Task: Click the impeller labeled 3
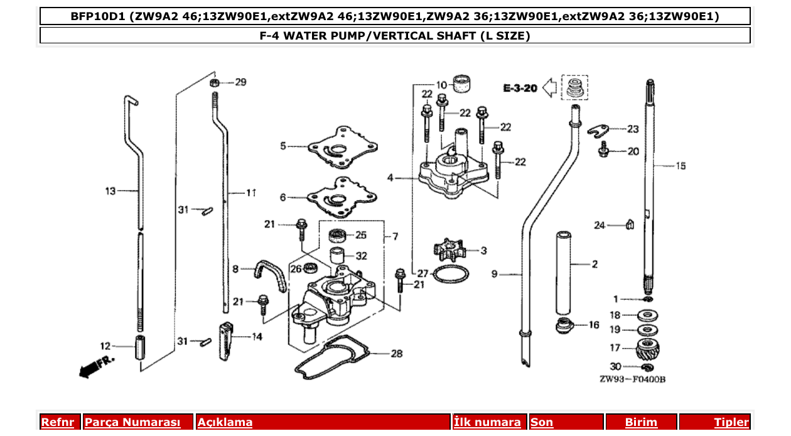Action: click(x=451, y=249)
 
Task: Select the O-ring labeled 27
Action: click(x=451, y=275)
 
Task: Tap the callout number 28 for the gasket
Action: click(x=396, y=354)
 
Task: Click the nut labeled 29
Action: click(x=214, y=82)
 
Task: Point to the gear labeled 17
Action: click(x=648, y=347)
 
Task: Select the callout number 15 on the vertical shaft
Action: click(x=681, y=166)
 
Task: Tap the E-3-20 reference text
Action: click(x=520, y=89)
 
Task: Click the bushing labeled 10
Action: click(x=463, y=83)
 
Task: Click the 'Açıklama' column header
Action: click(x=225, y=422)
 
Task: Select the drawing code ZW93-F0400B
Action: click(x=632, y=379)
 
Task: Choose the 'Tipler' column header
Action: click(x=731, y=422)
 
